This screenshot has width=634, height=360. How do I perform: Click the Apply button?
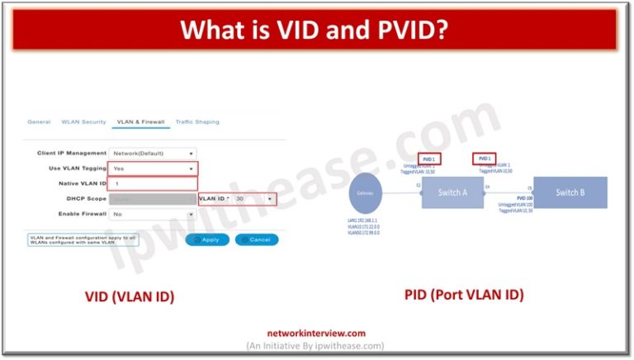[206, 239]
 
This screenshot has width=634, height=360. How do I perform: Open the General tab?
[39, 122]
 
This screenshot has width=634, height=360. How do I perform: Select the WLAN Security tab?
[83, 122]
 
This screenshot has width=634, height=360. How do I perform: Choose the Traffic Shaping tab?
[197, 122]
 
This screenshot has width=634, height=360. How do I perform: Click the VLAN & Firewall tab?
[140, 122]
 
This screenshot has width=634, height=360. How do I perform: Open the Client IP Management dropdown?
[154, 153]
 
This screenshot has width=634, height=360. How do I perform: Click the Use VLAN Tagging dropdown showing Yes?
[154, 168]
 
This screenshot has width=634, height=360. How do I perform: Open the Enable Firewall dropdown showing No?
[154, 214]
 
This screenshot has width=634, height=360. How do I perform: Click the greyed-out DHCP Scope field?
[154, 199]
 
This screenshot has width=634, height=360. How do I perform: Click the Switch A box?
[452, 192]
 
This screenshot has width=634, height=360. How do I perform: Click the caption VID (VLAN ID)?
[130, 296]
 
